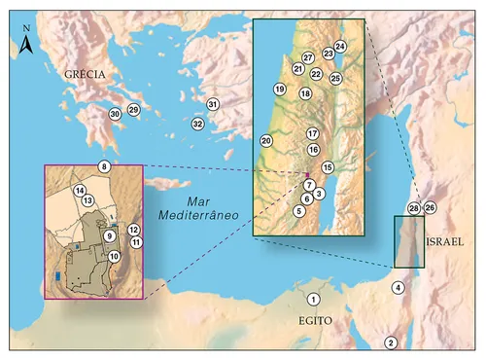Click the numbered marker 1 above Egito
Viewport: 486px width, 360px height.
(x=314, y=299)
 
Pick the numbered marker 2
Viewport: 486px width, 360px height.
(x=391, y=342)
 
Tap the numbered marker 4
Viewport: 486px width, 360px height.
(x=398, y=288)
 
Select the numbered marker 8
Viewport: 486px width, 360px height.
(x=104, y=167)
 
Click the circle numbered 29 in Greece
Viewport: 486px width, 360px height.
(x=134, y=109)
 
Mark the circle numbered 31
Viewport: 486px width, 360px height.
(x=213, y=104)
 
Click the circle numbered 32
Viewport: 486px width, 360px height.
(x=197, y=124)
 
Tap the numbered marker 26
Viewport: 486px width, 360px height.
(x=430, y=207)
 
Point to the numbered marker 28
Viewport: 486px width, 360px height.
(x=414, y=208)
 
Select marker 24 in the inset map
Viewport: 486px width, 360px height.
(x=340, y=46)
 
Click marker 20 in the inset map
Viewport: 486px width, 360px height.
(x=266, y=141)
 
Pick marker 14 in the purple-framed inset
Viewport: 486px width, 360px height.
(x=80, y=190)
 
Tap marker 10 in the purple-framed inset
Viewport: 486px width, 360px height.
(x=115, y=256)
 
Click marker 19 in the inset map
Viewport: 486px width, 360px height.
(x=279, y=90)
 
